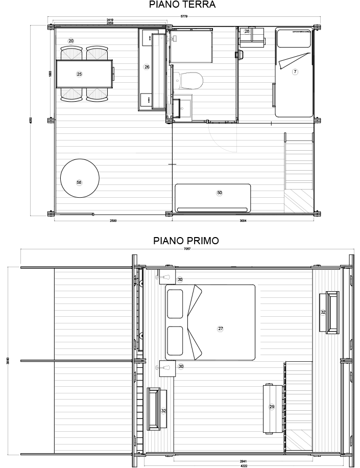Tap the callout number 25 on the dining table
(79, 74)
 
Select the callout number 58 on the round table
(79, 182)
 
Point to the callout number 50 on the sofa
(220, 193)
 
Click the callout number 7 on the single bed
(295, 72)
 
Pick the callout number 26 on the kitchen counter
(147, 67)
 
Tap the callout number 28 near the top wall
(247, 32)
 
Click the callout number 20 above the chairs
(71, 40)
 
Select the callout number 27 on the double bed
(221, 329)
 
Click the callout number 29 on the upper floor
(272, 407)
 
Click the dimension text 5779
(184, 17)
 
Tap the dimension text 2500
(113, 221)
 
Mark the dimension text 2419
(110, 20)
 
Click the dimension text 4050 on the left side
(31, 121)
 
